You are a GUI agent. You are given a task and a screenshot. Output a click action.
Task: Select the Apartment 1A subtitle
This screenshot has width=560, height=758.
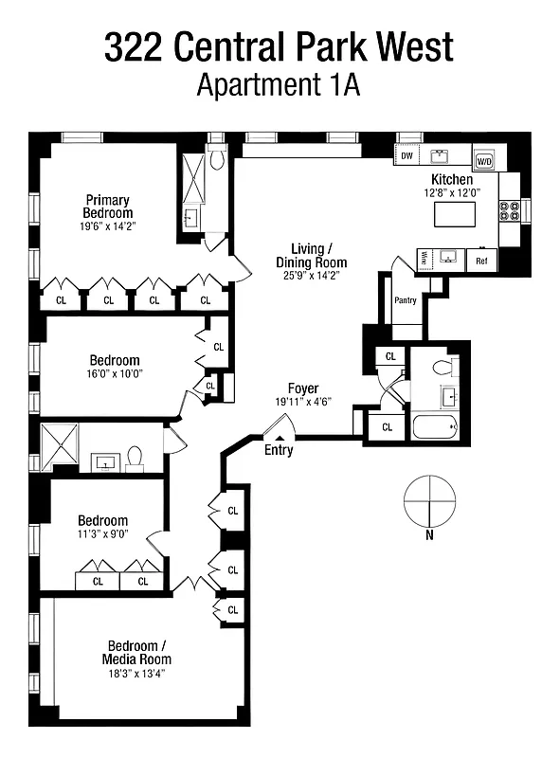pyautogui.click(x=280, y=85)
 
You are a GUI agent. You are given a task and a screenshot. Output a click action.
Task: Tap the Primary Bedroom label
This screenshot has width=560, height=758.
pyautogui.click(x=108, y=207)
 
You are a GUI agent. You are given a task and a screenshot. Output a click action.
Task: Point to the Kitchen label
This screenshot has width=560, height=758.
pyautogui.click(x=452, y=179)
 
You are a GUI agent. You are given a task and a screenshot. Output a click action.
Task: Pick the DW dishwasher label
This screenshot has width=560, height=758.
pyautogui.click(x=406, y=156)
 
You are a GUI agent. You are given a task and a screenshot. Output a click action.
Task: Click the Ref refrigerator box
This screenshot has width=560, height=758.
pyautogui.click(x=481, y=260)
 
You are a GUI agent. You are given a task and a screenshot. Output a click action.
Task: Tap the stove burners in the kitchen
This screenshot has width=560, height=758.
pyautogui.click(x=510, y=210)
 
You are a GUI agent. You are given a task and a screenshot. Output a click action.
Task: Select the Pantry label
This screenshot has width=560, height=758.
pyautogui.click(x=406, y=300)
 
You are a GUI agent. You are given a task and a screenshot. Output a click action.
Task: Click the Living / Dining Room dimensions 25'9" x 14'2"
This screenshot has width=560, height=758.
pyautogui.click(x=311, y=275)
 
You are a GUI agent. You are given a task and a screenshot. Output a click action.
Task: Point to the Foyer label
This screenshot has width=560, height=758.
pyautogui.click(x=303, y=388)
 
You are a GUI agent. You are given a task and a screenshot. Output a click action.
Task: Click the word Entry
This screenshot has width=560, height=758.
pyautogui.click(x=279, y=450)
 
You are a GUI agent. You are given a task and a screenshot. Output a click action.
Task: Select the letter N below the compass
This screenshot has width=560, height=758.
pyautogui.click(x=429, y=535)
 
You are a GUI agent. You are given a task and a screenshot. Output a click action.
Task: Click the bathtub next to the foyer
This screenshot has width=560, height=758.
pyautogui.click(x=435, y=426)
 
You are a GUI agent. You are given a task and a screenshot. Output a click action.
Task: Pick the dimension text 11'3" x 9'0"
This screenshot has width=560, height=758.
pyautogui.click(x=102, y=534)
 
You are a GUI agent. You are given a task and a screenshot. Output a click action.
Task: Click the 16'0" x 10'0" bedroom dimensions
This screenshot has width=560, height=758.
pyautogui.click(x=115, y=374)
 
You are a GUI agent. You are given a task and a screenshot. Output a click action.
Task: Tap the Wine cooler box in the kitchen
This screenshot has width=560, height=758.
pyautogui.click(x=424, y=258)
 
